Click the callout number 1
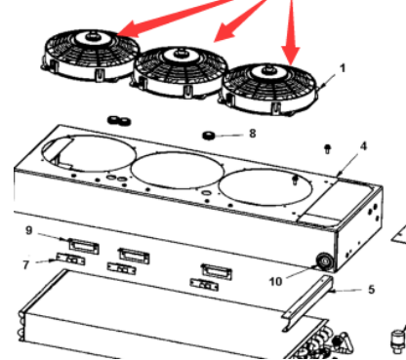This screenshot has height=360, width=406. tap(342, 68)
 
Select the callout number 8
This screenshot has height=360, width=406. tap(253, 134)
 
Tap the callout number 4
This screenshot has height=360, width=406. tap(363, 146)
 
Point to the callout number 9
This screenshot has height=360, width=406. tap(29, 230)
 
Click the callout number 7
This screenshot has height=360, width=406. tap(26, 264)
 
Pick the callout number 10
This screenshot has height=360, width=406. tap(275, 281)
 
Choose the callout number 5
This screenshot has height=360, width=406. tap(372, 289)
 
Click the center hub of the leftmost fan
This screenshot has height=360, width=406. tap(93, 37)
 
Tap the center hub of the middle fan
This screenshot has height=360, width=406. tap(180, 54)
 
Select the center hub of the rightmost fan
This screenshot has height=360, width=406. tap(268, 71)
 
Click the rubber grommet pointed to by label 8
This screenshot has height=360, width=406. tap(208, 135)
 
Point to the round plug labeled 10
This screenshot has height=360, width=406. tap(324, 261)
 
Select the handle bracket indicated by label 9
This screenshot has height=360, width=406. tap(83, 246)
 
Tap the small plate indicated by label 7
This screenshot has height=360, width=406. tap(70, 260)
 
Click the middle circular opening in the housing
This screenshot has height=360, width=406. tap(178, 170)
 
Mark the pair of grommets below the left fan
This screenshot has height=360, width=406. tap(119, 121)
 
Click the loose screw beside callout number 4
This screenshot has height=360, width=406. tap(328, 149)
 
